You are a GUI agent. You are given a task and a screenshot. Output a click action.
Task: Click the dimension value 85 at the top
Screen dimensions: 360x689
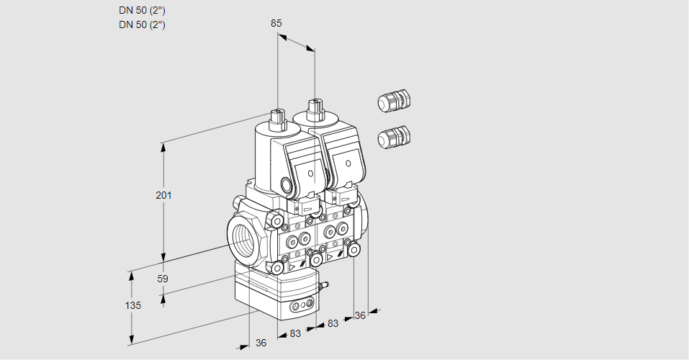[276, 23]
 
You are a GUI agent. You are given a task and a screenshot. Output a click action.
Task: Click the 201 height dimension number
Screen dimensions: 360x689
[163, 196]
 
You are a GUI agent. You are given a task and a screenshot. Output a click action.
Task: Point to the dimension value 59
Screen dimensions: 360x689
[163, 279]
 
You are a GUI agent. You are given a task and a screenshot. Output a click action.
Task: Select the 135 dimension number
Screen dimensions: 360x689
[132, 305]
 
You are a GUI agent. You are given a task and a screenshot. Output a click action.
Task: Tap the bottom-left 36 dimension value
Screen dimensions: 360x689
[261, 343]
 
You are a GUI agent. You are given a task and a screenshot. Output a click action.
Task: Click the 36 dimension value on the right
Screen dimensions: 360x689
[361, 315]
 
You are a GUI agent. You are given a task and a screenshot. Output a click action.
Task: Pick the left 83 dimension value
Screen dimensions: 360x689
[295, 333]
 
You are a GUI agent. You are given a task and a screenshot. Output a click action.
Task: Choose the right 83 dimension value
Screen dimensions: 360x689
[333, 324]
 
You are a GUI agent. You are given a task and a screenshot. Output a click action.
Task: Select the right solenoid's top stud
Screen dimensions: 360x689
[315, 110]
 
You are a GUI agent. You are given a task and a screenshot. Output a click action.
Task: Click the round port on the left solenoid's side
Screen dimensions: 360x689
[291, 186]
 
